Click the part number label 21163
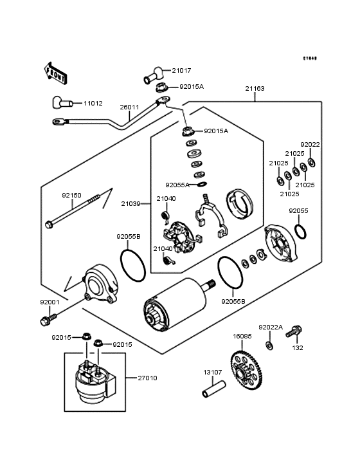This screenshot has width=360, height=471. pyautogui.click(x=254, y=89)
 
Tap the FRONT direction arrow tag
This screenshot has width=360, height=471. pyautogui.click(x=56, y=71)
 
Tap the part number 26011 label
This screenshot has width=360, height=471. pyautogui.click(x=129, y=107)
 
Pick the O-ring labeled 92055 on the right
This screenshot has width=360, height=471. pyautogui.click(x=300, y=230)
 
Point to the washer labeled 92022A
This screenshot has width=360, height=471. pyautogui.click(x=269, y=346)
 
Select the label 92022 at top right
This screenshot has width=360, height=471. pyautogui.click(x=310, y=145)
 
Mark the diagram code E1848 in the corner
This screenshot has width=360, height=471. pyautogui.click(x=310, y=58)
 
